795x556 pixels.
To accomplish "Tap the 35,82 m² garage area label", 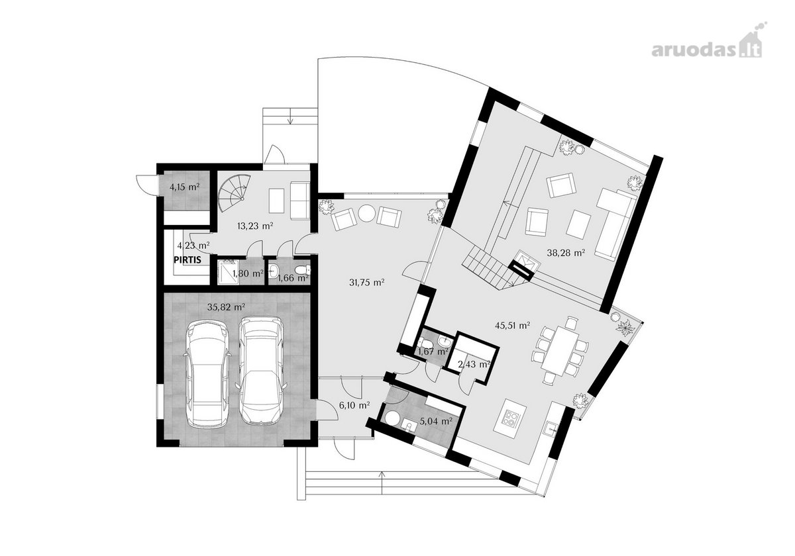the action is point(226,307).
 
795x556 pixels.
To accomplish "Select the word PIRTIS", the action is point(187,259).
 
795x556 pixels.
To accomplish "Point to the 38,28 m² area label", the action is point(566,253).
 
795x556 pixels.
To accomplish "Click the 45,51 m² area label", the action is point(513,325).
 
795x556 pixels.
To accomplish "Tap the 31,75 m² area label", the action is point(367,283).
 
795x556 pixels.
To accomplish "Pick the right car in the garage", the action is point(261,371).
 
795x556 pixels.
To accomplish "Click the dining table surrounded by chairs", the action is point(560,350).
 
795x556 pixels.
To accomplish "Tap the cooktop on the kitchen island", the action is point(511,418).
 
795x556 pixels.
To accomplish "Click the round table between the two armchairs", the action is point(366,214).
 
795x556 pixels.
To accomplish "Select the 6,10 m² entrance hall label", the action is point(354,405).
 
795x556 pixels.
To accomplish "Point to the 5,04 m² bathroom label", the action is point(436,422).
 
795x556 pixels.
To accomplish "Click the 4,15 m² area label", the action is point(184,187).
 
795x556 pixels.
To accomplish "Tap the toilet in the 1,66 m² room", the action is point(302,270).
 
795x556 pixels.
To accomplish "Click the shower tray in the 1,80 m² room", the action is point(228,272).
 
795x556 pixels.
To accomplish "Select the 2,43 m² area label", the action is point(474,364).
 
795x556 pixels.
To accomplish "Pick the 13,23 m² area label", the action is point(255,226).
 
